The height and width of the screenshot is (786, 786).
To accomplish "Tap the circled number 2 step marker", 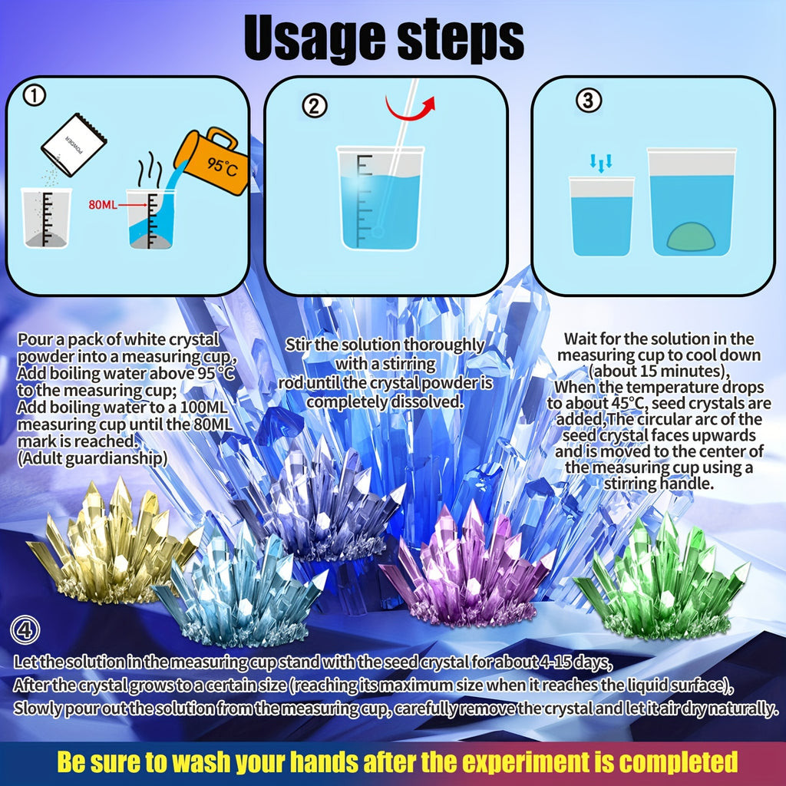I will [314, 106].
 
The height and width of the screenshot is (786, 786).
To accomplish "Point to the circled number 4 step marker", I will [25, 632].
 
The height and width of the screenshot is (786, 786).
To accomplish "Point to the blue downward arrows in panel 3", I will [601, 160].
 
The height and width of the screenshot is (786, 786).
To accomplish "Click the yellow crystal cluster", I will [111, 542].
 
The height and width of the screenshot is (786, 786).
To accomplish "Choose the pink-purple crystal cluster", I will [464, 572].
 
